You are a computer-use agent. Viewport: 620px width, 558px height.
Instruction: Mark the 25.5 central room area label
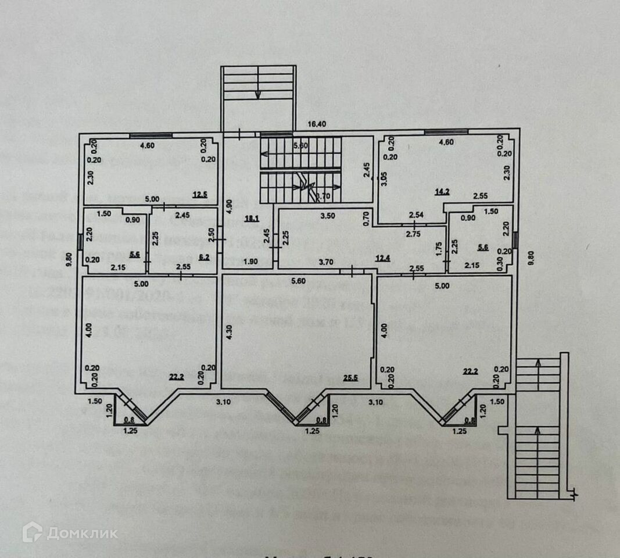[350, 378]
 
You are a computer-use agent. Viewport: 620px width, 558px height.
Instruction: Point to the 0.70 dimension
[366, 217]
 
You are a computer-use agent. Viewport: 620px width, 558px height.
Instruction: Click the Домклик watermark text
[82, 533]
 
